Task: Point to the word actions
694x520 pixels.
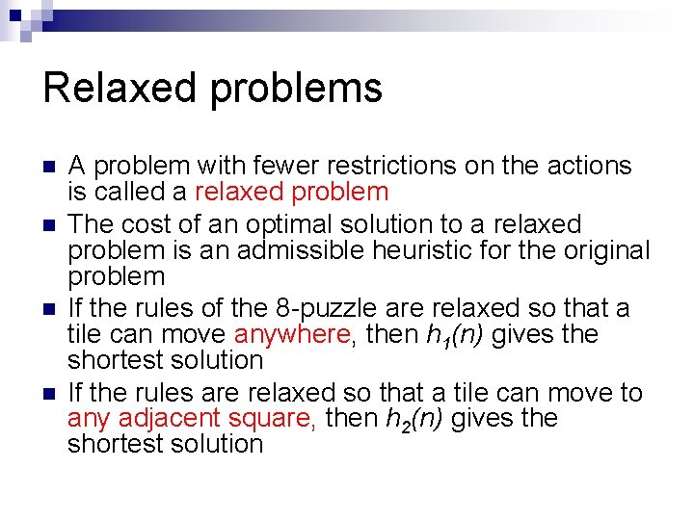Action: pos(588,166)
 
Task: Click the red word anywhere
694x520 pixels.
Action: pos(294,334)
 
